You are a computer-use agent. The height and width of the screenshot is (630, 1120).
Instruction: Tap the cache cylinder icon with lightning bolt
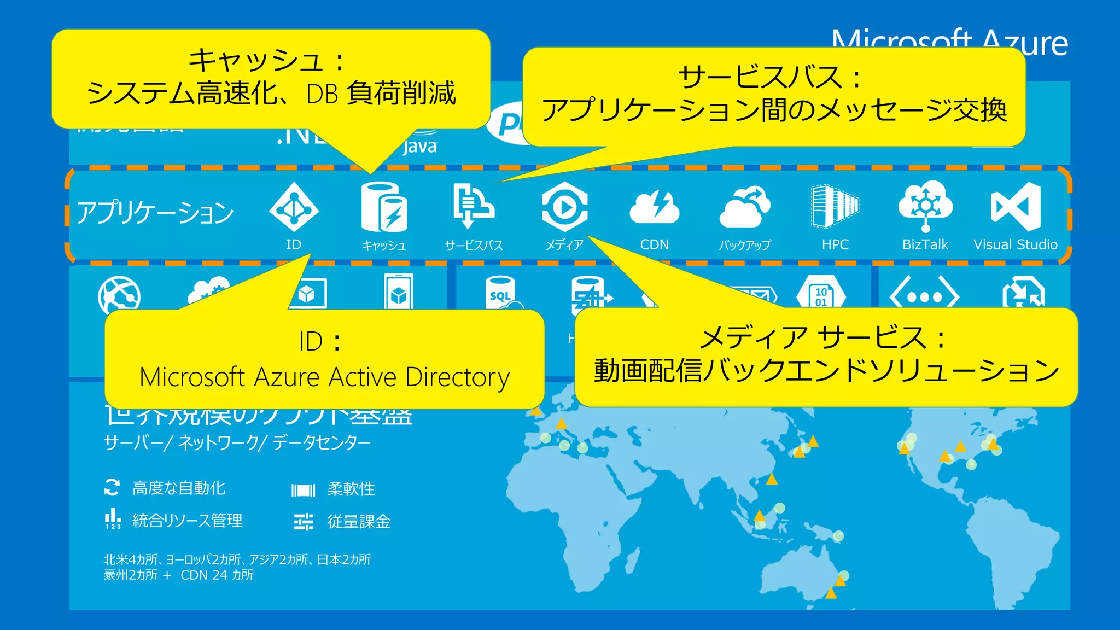384,207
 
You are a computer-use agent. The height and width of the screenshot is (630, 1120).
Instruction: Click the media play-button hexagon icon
564,207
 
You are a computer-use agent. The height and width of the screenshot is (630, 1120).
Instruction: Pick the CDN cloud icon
655,208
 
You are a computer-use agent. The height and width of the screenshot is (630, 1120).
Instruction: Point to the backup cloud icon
745,207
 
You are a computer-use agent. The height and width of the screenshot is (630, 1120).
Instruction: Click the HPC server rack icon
835,206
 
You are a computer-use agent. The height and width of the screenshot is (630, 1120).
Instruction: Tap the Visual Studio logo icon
1016,207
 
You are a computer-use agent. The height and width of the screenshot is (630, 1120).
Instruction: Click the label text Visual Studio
1016,244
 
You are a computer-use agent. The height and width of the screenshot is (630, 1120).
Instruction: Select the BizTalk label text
925,244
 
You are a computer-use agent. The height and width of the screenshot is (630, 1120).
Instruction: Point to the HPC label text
835,244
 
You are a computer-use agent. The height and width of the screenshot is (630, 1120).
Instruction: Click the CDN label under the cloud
655,244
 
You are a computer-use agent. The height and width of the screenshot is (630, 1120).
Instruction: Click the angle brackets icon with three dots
924,296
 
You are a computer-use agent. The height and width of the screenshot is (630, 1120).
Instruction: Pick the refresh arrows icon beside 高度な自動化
112,487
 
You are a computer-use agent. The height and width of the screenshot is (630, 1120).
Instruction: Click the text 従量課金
359,522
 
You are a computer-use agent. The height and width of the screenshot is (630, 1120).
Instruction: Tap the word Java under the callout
420,147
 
